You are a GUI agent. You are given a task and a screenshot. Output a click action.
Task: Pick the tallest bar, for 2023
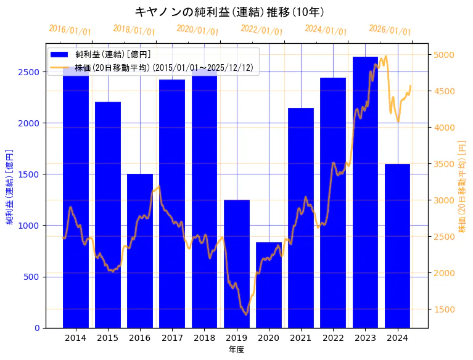coord(365,192)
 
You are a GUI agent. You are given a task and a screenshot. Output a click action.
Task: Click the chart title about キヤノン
coord(229,12)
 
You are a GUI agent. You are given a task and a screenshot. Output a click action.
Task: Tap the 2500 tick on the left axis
coord(31,72)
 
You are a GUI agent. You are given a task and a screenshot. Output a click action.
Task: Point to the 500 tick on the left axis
coord(33,277)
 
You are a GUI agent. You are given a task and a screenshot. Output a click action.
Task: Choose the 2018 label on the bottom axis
coord(204,338)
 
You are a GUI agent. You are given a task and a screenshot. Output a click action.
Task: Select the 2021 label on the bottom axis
coord(301,338)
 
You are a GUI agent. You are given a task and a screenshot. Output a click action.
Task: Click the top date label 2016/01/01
coord(70,30)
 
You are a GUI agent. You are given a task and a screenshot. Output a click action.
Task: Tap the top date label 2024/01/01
coord(326,30)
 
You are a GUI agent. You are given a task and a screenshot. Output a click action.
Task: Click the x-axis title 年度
coord(236,350)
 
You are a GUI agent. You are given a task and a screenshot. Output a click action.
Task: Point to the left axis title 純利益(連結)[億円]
coord(10,186)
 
